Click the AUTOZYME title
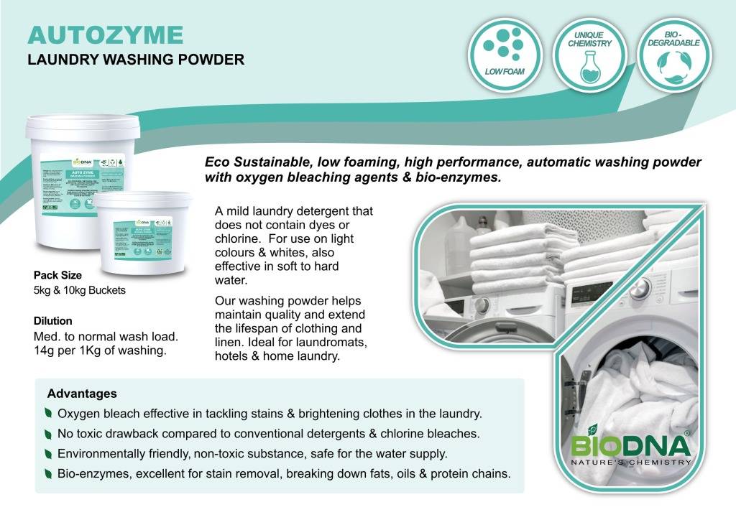coord(105,34)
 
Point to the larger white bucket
coord(71,180)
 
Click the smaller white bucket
coord(143,233)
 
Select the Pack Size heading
coord(57,275)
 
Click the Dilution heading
coord(52,321)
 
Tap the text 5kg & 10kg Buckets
coord(80,291)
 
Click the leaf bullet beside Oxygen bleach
coord(47,414)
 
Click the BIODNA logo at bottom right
coord(631,445)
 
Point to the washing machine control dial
coord(640,288)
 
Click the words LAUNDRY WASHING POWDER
coord(136,60)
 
